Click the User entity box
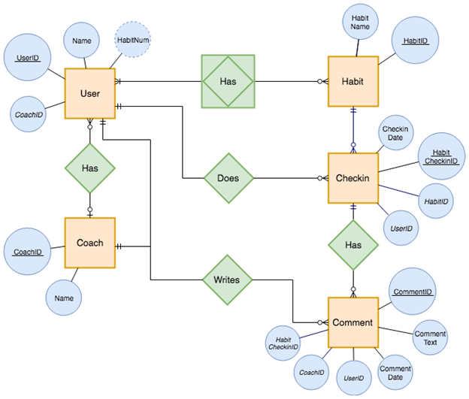click(x=89, y=93)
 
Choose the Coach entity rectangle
click(x=89, y=243)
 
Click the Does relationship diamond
click(x=228, y=179)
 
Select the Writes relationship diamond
click(x=228, y=280)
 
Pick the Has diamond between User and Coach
click(x=89, y=168)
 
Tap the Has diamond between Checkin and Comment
click(x=353, y=245)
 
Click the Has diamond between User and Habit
click(x=228, y=80)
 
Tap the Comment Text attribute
click(x=431, y=338)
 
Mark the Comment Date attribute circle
click(x=395, y=373)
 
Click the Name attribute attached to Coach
click(x=64, y=298)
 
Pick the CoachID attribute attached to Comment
click(x=311, y=372)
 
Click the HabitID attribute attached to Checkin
click(x=436, y=202)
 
